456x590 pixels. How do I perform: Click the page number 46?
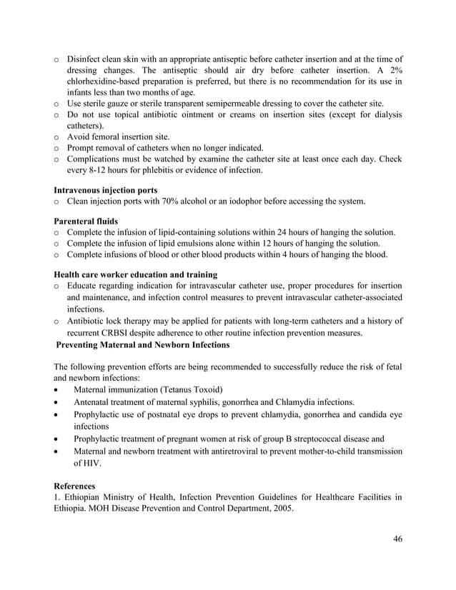tap(397, 539)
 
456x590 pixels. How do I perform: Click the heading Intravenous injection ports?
tap(106, 190)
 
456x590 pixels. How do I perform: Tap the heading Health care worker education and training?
tap(137, 274)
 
